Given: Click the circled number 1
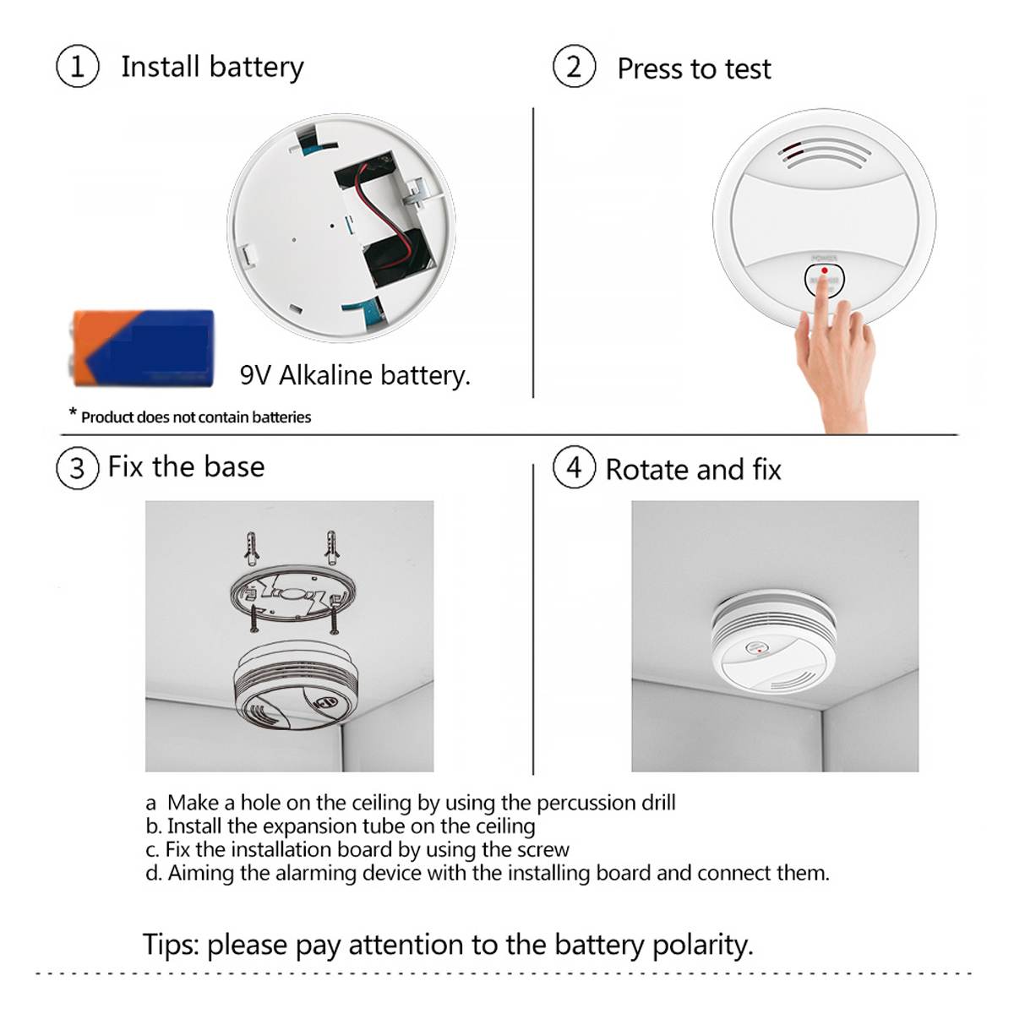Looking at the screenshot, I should click(x=77, y=67).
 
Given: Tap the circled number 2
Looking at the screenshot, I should click(x=574, y=67).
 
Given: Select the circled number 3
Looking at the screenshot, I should click(x=77, y=467).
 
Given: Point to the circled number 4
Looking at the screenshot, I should click(x=574, y=467).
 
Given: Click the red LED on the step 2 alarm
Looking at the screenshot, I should click(x=824, y=270).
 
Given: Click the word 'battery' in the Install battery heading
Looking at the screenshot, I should click(x=256, y=68).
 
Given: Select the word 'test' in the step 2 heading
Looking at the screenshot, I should click(x=747, y=69).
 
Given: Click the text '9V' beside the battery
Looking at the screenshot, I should click(x=255, y=375).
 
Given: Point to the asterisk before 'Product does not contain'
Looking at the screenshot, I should click(x=73, y=414).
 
